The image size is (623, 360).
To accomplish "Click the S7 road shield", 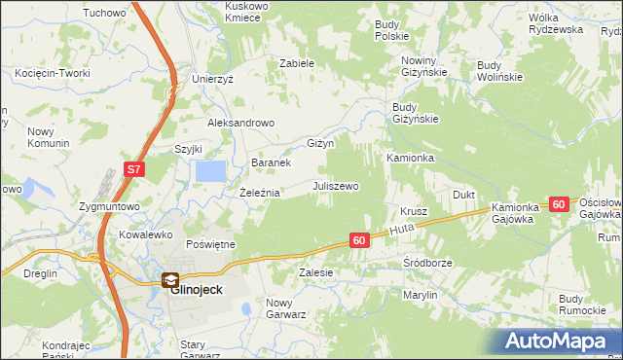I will [x=134, y=169].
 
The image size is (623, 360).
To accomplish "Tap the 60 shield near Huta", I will [x=359, y=239].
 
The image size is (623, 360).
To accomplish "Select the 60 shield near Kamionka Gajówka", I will [x=558, y=204].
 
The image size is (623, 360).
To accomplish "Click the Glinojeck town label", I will [x=197, y=289].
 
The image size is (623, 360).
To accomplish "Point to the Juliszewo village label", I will [x=336, y=186].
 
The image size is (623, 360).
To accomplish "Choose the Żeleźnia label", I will [x=260, y=193].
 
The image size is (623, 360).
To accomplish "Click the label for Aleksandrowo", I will [x=241, y=124].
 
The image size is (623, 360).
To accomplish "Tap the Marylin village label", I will [x=420, y=294].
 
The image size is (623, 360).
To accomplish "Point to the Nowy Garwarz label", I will [x=286, y=307].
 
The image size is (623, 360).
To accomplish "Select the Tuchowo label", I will [x=105, y=13].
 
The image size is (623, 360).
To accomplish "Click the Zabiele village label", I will [x=297, y=63].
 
